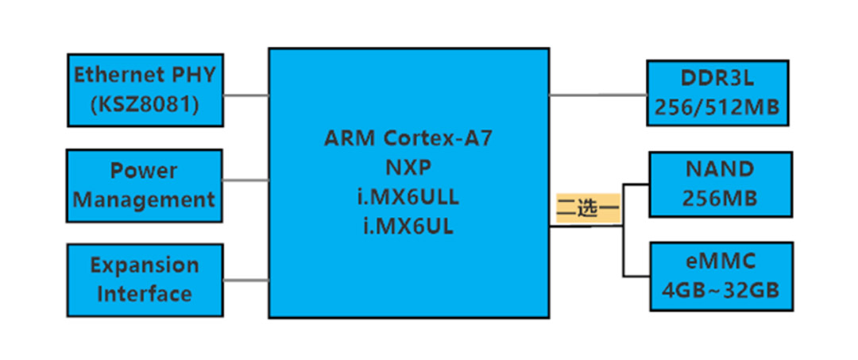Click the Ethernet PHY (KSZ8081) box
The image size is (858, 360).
click(x=145, y=91)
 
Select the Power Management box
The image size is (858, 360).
click(x=145, y=185)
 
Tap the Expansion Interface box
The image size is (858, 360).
click(x=145, y=280)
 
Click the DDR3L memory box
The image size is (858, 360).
click(x=717, y=92)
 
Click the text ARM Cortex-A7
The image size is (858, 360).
click(x=408, y=137)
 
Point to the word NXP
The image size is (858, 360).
click(x=408, y=166)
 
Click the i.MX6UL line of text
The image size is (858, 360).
click(x=408, y=226)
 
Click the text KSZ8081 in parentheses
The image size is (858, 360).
click(x=145, y=104)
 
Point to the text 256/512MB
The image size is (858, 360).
click(x=717, y=107)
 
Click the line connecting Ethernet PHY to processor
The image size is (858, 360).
click(x=245, y=95)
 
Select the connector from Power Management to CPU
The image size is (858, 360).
click(x=245, y=180)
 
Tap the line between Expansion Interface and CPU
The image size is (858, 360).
click(x=245, y=280)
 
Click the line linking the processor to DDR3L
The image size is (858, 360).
click(x=597, y=95)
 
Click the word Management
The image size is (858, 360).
click(x=145, y=199)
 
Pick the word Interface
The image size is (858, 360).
click(x=145, y=294)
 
